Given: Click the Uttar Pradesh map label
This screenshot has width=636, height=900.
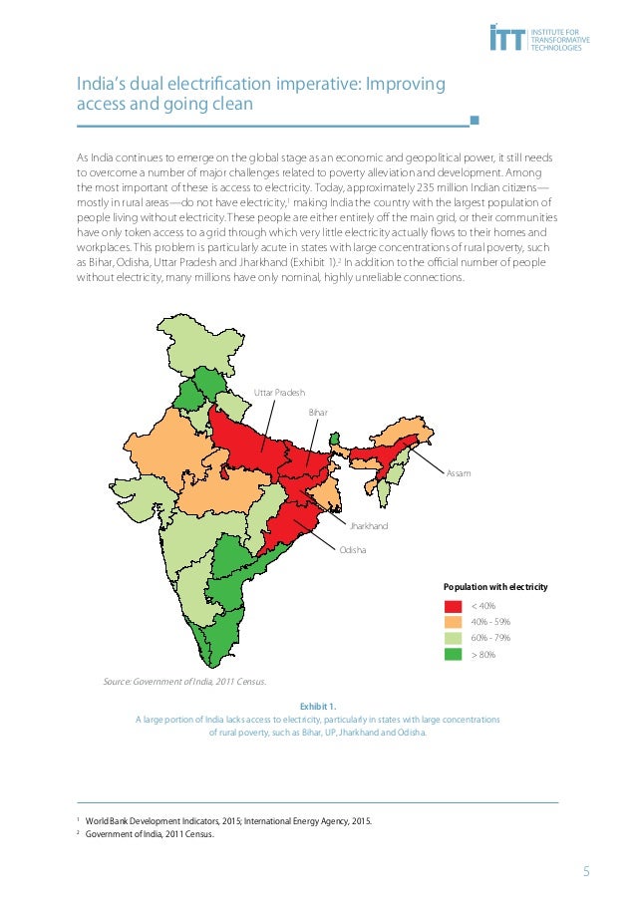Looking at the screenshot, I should click(279, 393).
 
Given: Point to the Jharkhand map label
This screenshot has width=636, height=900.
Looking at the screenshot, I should click(368, 525).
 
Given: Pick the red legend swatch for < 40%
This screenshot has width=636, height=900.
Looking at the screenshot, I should click(453, 606).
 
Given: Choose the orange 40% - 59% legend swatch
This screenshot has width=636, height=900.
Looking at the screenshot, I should click(453, 622).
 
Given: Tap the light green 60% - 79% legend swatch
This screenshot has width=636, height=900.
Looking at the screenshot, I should click(453, 638).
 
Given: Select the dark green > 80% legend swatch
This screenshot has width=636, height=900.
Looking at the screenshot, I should click(453, 655).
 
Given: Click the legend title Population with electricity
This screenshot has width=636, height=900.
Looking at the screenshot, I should click(495, 587).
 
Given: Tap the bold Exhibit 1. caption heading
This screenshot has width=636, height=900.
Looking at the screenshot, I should click(318, 706).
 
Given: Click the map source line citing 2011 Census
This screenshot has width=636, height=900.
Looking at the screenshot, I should click(184, 682).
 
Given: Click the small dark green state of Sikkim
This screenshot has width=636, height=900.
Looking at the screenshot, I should click(335, 438).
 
